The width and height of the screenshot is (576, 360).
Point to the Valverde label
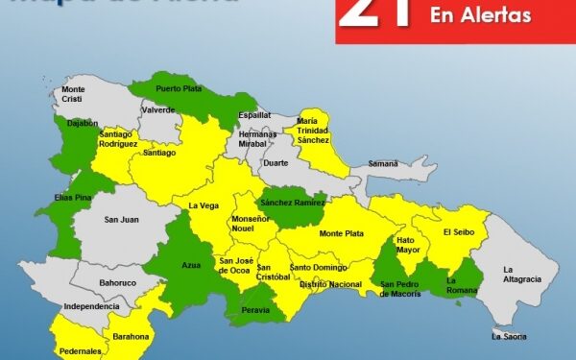click(157, 110)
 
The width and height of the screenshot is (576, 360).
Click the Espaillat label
click(254, 115)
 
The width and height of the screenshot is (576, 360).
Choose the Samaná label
click(382, 164)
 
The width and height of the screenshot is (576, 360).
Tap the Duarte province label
click(276, 163)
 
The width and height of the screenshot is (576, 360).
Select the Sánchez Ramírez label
click(293, 204)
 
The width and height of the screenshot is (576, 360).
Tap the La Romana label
click(463, 285)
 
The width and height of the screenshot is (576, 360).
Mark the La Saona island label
click(509, 336)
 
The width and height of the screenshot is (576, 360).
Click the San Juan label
click(122, 219)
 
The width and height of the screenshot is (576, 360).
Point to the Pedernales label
click(81, 351)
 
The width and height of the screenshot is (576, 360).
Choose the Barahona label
click(131, 336)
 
